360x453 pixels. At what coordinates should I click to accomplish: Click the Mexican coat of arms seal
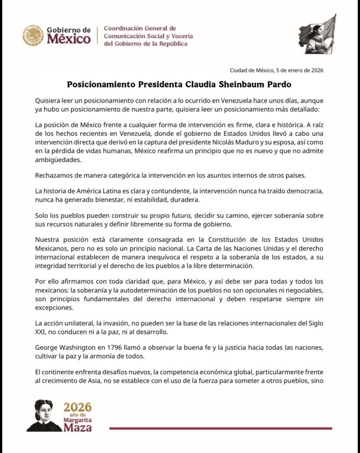[33, 36]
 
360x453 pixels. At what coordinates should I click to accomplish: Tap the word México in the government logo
[68, 39]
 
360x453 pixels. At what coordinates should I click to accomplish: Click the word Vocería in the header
[178, 36]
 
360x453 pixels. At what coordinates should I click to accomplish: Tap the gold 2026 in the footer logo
[77, 407]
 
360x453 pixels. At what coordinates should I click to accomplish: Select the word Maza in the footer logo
[78, 427]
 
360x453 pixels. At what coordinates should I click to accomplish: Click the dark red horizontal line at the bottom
[220, 428]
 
